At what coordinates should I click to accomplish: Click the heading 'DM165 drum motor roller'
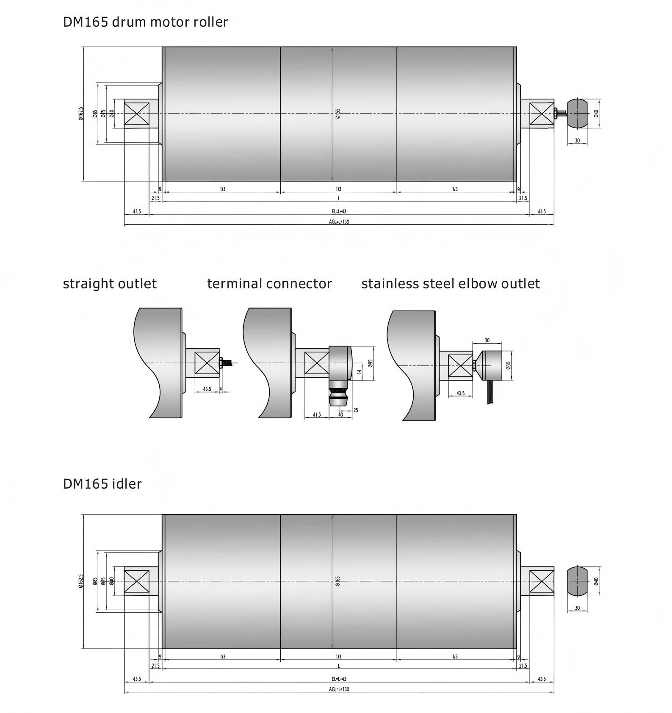click(145, 22)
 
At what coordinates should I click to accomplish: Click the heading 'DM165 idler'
click(102, 484)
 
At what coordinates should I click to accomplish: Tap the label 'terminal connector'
click(269, 284)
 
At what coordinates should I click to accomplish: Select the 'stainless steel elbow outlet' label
click(450, 284)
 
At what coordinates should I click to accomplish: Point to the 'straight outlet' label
click(110, 284)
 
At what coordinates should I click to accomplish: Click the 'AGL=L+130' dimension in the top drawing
click(339, 222)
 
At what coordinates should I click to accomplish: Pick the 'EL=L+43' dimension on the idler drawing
click(339, 679)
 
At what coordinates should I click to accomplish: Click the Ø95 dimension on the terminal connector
click(371, 363)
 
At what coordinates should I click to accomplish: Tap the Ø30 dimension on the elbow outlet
click(509, 365)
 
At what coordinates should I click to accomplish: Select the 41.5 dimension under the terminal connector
click(317, 415)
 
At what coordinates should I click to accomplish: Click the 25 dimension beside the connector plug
click(356, 410)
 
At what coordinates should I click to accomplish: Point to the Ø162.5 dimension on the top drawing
click(81, 113)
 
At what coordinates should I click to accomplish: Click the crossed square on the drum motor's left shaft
click(136, 114)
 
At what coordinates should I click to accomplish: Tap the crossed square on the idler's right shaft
click(542, 581)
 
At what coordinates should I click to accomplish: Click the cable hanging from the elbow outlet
click(490, 392)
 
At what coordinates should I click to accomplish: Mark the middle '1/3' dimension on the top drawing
click(338, 189)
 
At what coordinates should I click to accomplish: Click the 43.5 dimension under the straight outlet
click(207, 389)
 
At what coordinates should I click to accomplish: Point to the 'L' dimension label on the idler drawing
click(339, 666)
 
